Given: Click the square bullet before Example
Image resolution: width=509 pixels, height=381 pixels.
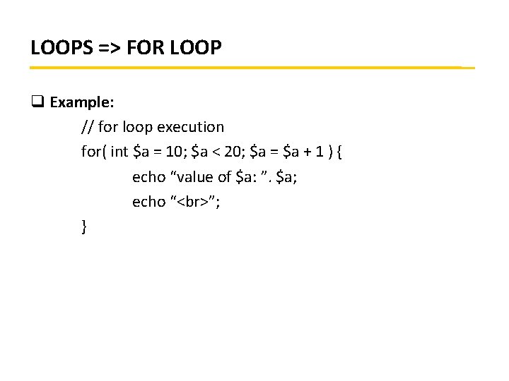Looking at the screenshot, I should click(37, 102).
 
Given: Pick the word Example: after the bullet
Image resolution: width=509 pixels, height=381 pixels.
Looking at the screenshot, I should click(81, 102).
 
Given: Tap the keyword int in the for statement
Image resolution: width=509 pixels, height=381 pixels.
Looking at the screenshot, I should click(119, 152).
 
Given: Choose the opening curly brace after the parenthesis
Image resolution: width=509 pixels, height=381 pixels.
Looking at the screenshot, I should click(339, 152).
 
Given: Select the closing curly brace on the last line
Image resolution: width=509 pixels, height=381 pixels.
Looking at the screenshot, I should click(84, 226).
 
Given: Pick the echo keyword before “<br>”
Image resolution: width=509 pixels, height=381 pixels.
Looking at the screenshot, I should click(148, 202).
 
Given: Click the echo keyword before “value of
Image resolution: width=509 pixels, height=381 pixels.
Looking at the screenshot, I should click(148, 176).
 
